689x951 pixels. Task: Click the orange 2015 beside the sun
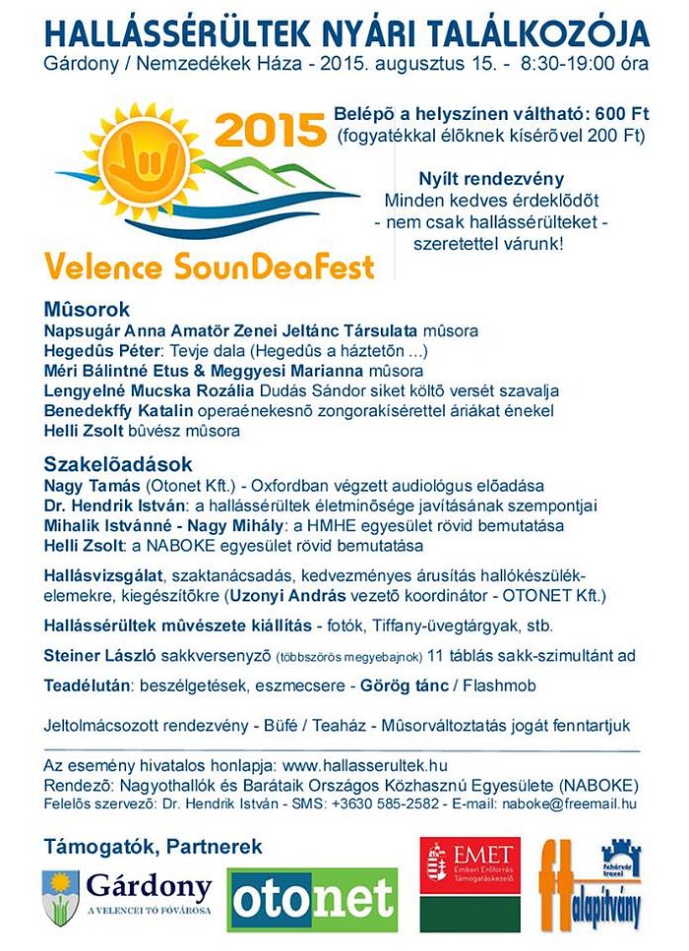[x=268, y=128]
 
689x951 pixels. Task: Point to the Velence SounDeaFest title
[x=209, y=265]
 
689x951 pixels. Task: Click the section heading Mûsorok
[x=87, y=307]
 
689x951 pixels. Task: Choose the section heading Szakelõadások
[x=117, y=462]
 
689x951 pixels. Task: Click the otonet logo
[x=314, y=898]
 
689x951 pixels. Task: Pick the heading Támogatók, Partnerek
[x=153, y=845]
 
